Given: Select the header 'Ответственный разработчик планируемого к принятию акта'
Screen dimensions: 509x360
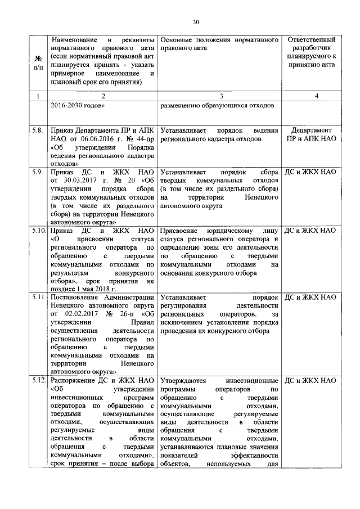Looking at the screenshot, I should point(311,52).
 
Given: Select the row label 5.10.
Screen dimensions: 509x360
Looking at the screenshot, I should point(38,230).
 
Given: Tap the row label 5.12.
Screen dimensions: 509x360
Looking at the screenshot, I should point(38,381).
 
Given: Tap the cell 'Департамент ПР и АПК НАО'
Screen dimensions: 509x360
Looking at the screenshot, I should point(311,134).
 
